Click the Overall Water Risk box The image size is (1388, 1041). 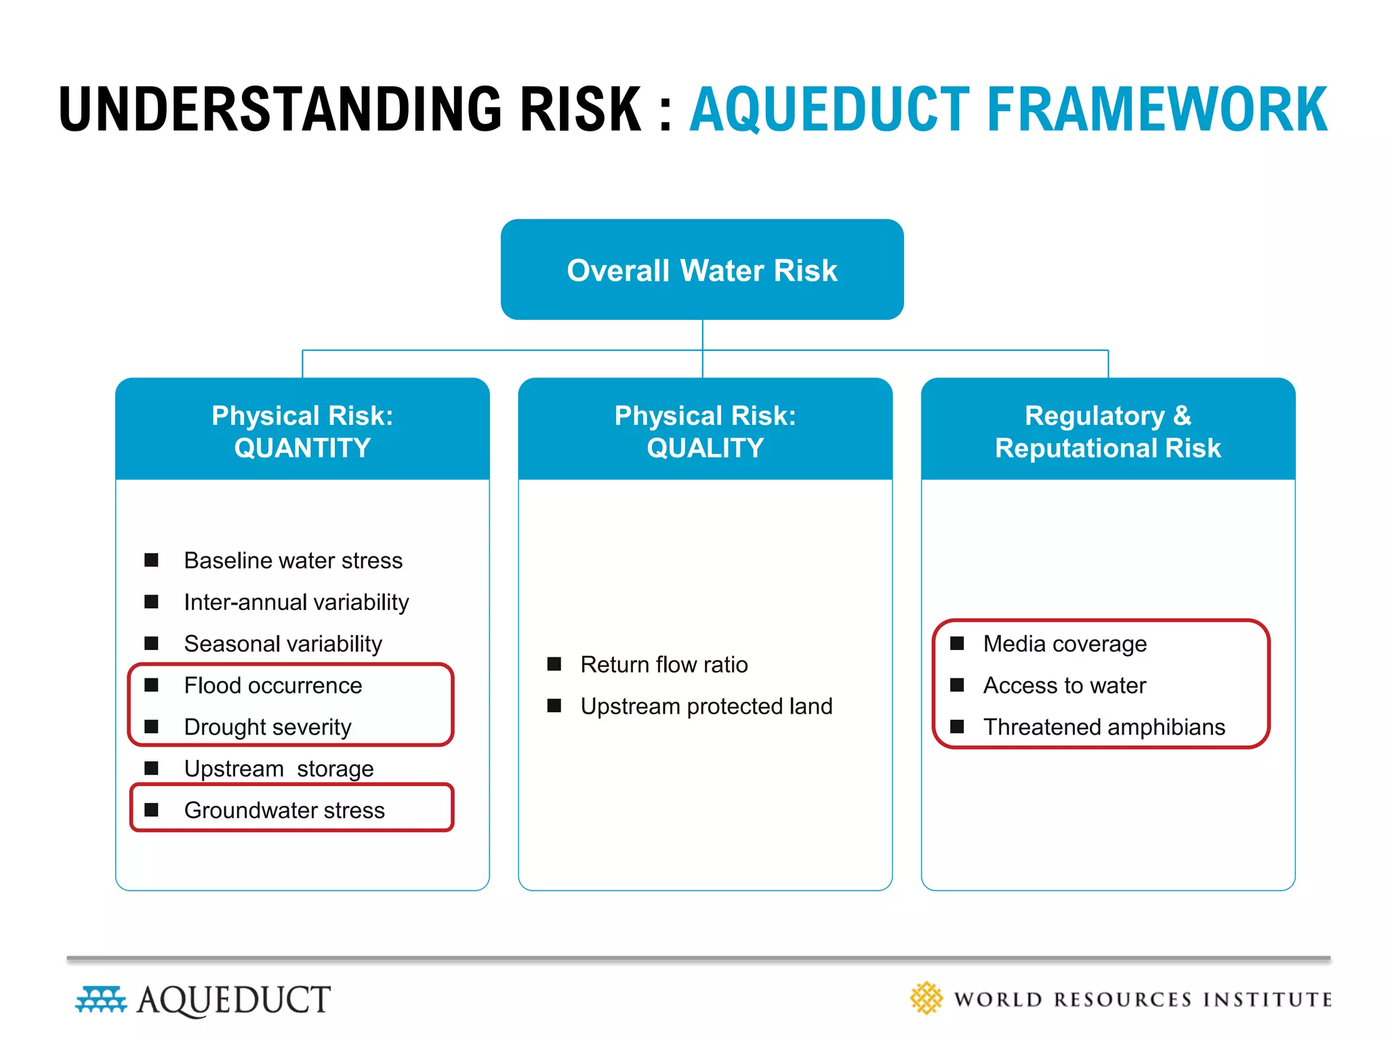(x=702, y=270)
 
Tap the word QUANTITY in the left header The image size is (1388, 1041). (x=302, y=449)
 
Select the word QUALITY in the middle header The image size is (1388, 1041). (x=705, y=449)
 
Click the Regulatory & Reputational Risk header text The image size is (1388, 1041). (x=1107, y=432)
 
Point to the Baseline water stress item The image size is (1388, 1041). (x=293, y=560)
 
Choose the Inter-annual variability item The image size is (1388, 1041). (x=296, y=602)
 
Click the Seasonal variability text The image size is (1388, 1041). (x=283, y=644)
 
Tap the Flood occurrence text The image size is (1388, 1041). (x=272, y=685)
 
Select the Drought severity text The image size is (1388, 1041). (x=268, y=727)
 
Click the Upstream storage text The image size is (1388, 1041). (x=279, y=769)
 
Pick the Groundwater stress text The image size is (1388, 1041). (x=284, y=811)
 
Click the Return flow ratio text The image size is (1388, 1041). (x=664, y=665)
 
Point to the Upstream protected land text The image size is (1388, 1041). (x=706, y=706)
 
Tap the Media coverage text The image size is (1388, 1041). (x=1065, y=644)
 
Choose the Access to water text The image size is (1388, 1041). (x=1064, y=685)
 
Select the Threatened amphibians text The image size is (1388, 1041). (x=1104, y=727)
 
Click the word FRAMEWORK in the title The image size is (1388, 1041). (x=1157, y=110)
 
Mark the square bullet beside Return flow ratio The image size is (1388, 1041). (x=554, y=664)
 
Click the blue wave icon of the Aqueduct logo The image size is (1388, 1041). (x=101, y=1000)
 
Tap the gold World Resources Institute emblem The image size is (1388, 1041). (x=926, y=998)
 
